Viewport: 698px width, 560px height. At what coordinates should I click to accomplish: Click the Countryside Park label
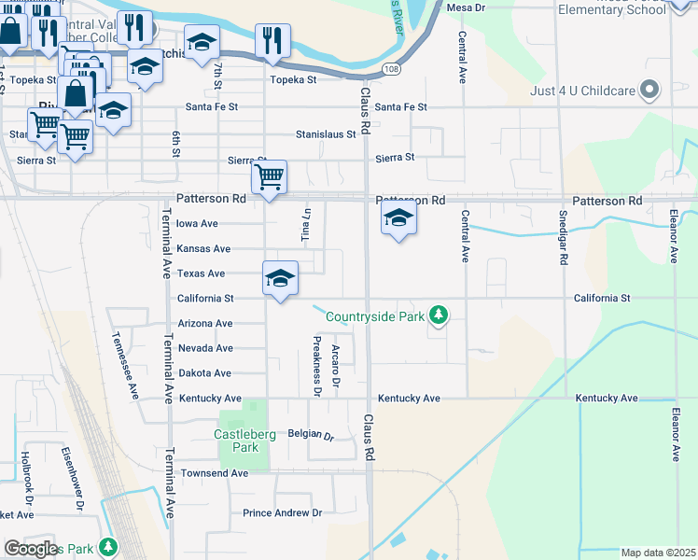374,317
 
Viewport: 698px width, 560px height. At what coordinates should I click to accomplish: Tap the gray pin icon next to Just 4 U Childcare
649,91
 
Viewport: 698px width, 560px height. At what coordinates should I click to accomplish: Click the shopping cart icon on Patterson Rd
269,176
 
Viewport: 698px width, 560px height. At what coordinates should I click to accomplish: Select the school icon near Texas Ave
280,277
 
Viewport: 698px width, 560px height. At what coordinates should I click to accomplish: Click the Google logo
31,548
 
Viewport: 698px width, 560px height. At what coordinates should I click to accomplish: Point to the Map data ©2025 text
658,553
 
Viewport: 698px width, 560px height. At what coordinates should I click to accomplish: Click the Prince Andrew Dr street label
282,513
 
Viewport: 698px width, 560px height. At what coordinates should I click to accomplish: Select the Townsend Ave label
214,473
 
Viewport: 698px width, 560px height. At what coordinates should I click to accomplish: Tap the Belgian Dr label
311,435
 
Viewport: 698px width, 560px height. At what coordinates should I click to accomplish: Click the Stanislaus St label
326,134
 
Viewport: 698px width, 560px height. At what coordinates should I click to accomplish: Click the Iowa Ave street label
197,224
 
